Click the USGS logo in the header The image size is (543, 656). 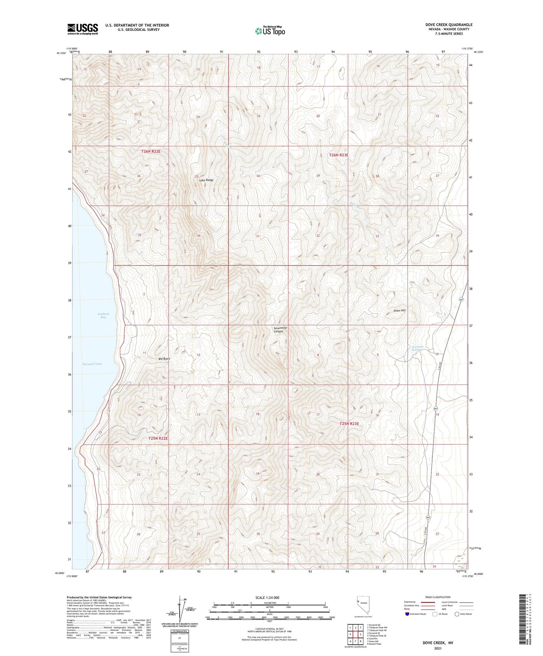83,29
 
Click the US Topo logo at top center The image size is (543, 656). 269,31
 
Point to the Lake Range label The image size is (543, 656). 206,180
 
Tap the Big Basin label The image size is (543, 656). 164,359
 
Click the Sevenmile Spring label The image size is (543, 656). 417,348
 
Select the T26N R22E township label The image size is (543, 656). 151,151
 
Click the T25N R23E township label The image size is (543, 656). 349,423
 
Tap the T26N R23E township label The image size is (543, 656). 339,155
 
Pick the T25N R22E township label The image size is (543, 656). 158,438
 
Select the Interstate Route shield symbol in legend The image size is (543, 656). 408,614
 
